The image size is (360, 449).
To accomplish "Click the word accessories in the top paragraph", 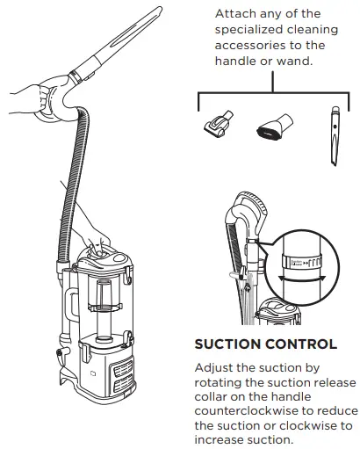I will click(255, 45).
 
